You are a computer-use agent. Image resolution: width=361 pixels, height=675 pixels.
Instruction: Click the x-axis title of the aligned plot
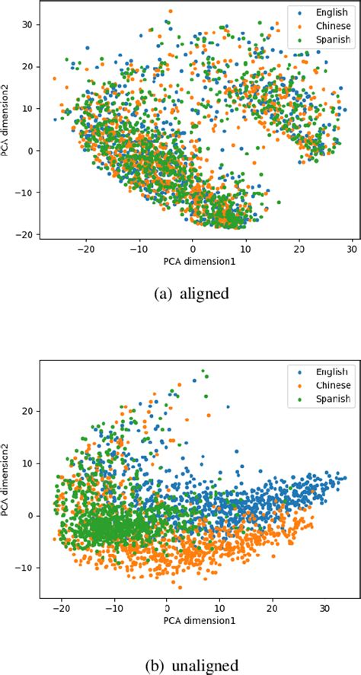[x=193, y=260]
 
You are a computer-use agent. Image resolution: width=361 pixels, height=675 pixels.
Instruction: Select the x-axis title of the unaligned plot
[x=193, y=621]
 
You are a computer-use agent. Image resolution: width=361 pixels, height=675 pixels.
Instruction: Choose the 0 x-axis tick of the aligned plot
[x=193, y=247]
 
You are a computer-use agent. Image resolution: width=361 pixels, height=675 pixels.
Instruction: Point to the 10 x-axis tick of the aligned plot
[x=246, y=247]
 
